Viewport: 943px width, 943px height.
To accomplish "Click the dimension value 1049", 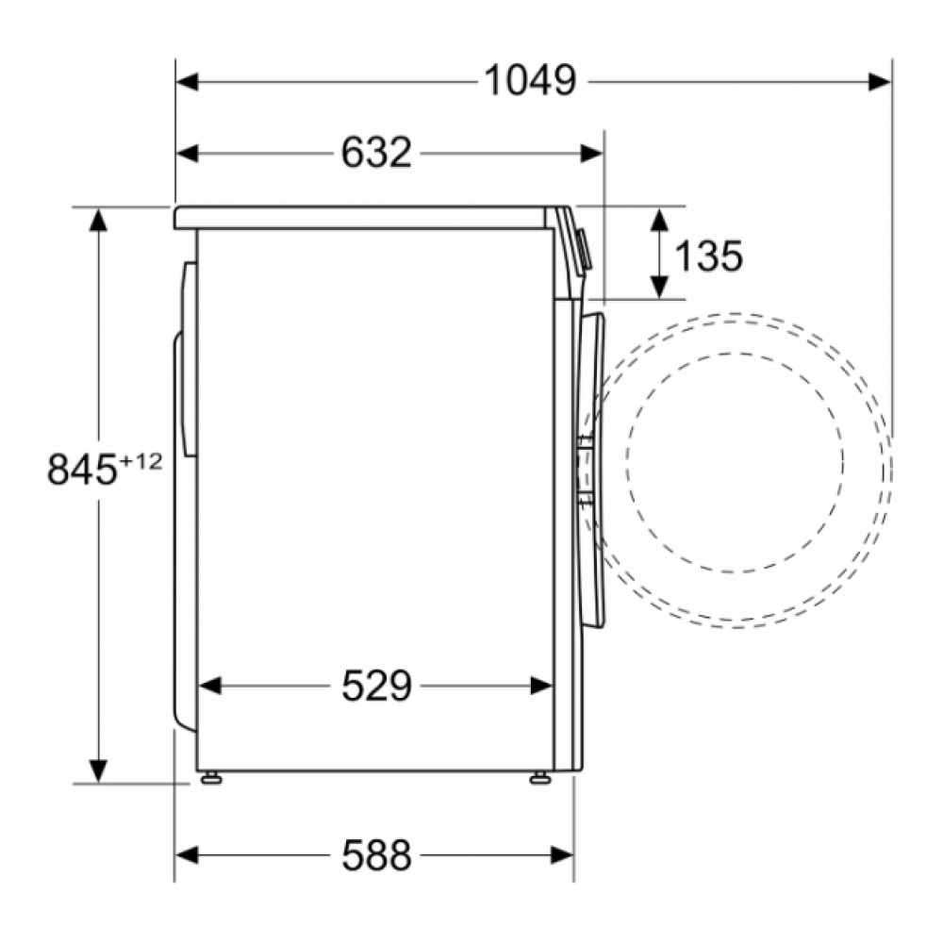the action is click(530, 80).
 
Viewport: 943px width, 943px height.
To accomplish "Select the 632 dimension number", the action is click(376, 153).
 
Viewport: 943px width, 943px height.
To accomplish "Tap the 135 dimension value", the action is click(708, 256).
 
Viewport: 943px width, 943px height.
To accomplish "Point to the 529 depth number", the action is click(376, 686).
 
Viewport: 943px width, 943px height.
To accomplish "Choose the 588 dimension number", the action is click(376, 855).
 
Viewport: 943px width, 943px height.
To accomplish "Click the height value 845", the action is click(81, 470).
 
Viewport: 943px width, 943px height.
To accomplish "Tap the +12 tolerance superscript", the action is click(141, 461).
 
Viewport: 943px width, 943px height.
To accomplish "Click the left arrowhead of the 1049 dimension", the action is click(187, 80).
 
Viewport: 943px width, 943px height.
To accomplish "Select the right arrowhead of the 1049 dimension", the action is click(880, 80).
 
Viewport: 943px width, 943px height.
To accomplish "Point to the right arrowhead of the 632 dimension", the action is click(592, 153).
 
